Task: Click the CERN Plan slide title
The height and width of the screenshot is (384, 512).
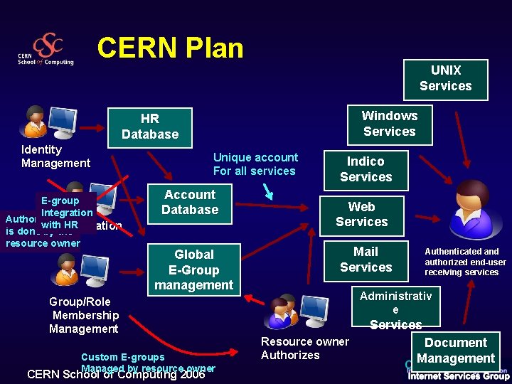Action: [171, 48]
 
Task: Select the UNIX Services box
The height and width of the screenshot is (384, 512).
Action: [446, 79]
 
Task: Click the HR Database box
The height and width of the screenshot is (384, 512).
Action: [150, 127]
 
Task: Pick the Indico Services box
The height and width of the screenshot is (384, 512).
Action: [366, 169]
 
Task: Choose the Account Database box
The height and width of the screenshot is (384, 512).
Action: [190, 203]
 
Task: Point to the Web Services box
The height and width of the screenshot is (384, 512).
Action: [361, 214]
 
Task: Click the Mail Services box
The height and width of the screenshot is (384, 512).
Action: [366, 260]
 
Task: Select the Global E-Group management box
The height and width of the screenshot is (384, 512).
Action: [193, 270]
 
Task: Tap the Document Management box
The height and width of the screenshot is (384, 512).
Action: [456, 351]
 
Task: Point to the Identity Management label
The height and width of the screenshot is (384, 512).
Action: [55, 156]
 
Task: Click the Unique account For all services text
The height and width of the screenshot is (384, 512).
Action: [255, 164]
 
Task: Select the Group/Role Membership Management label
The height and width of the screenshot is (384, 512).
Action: [84, 315]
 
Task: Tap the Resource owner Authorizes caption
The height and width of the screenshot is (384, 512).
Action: [304, 348]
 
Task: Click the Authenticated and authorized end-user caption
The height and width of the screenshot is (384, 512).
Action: [465, 262]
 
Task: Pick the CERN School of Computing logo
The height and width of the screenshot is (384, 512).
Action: [46, 50]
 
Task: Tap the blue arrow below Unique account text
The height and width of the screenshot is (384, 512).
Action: [269, 191]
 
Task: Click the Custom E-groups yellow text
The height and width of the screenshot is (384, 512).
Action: [122, 357]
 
